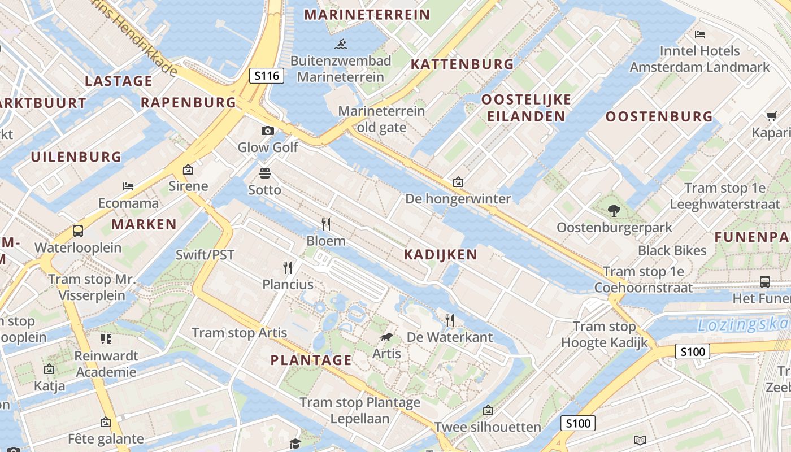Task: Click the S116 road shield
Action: (267, 75)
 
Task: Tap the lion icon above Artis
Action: (386, 338)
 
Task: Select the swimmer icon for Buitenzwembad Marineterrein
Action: (340, 44)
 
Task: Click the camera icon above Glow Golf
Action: (267, 131)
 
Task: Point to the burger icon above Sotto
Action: (264, 173)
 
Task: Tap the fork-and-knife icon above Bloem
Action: (326, 224)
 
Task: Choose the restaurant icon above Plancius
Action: (288, 267)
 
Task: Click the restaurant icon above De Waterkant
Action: (450, 320)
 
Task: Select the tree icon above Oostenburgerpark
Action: (614, 211)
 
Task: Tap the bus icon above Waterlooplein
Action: (78, 231)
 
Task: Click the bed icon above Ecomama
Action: (128, 186)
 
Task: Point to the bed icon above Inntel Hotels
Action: (700, 34)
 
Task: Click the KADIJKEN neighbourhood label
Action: (441, 255)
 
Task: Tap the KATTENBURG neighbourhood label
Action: (462, 64)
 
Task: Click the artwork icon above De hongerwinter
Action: (458, 182)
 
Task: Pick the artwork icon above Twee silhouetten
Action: (488, 410)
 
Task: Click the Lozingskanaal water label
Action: (743, 325)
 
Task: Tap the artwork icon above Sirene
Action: (188, 169)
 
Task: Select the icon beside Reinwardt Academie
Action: (106, 339)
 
